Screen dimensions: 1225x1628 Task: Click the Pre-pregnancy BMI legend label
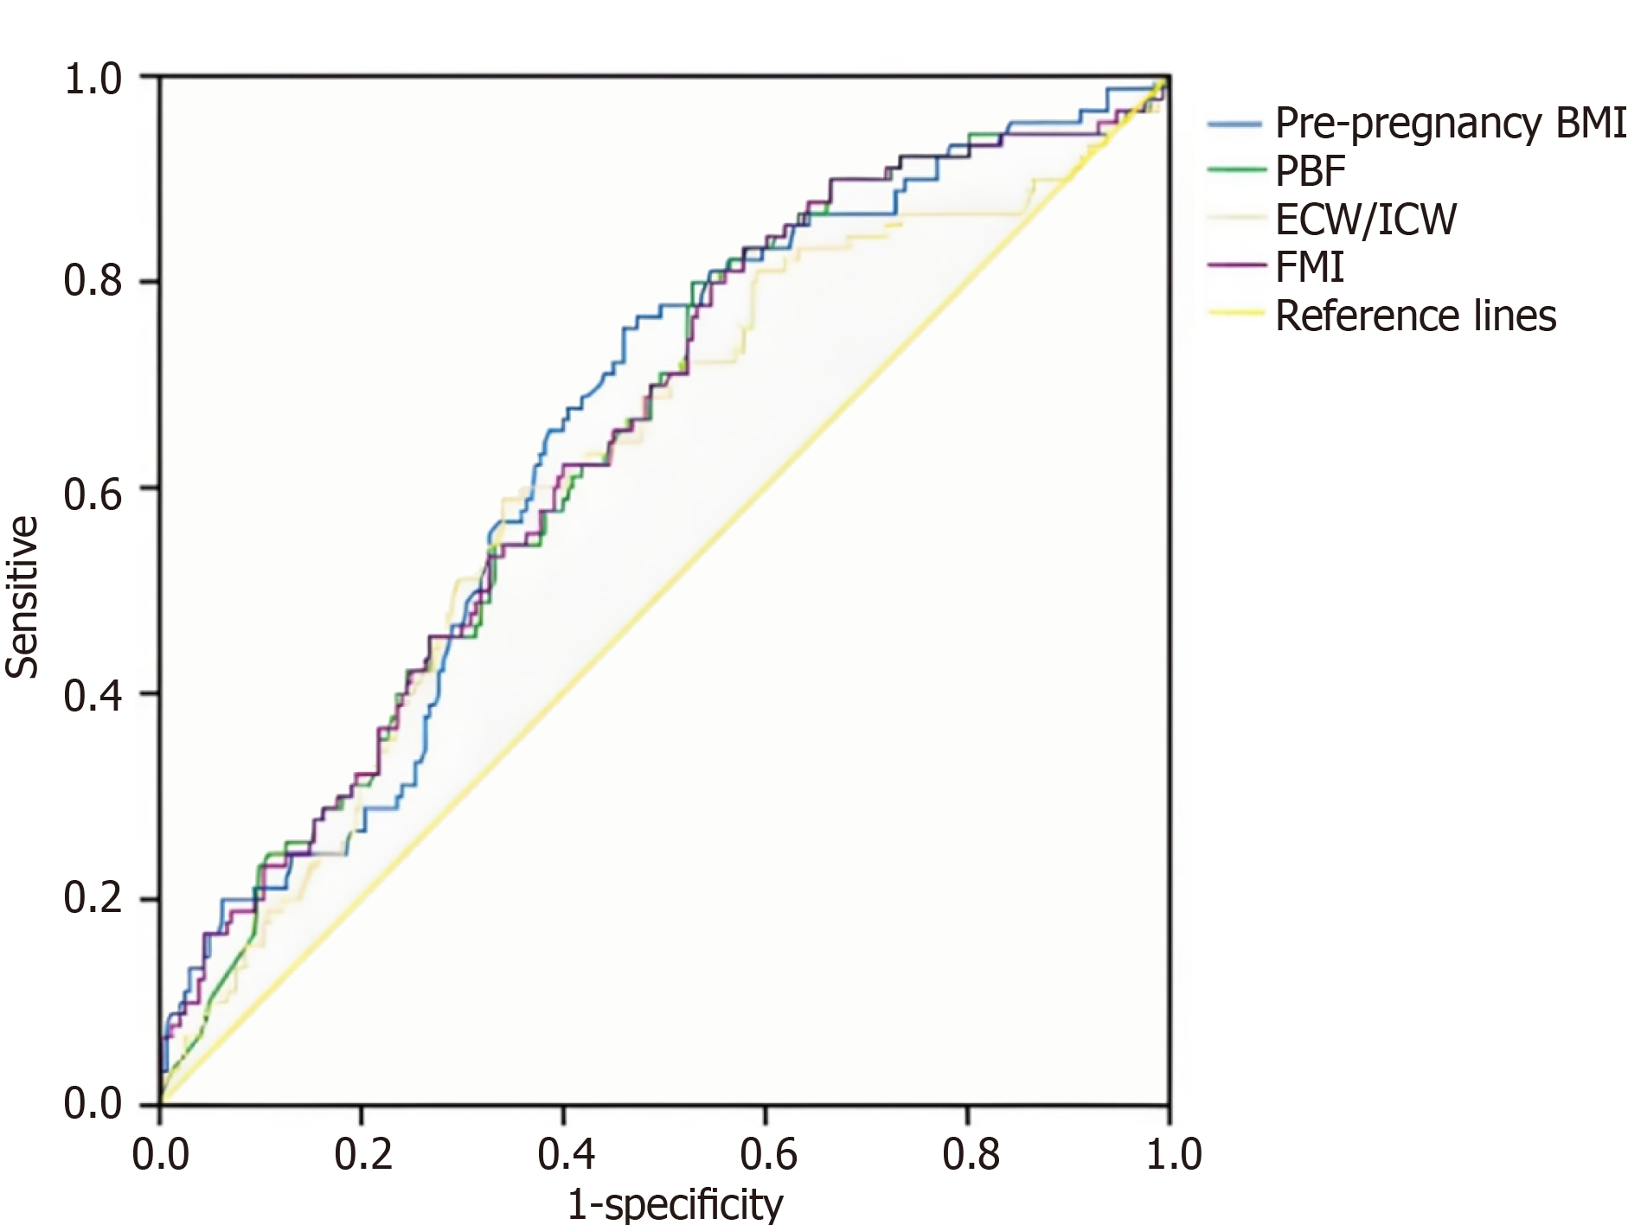tap(1450, 124)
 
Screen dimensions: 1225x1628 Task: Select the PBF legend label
tap(1310, 171)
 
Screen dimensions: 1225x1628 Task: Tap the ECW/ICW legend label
tap(1366, 220)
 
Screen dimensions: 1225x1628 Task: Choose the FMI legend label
tap(1310, 267)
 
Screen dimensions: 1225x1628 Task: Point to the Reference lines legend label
tap(1415, 316)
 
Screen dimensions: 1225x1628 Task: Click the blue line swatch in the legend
tap(1235, 124)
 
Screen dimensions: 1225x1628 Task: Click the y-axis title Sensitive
tap(22, 597)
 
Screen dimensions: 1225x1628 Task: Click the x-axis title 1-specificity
tap(675, 1203)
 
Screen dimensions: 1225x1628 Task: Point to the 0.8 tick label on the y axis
tap(93, 281)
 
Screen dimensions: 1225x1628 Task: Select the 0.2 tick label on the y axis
tap(93, 899)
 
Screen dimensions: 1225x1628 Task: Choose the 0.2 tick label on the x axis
tap(362, 1155)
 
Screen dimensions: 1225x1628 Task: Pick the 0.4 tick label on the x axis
tap(565, 1155)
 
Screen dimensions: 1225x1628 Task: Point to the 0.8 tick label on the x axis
tap(971, 1155)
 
